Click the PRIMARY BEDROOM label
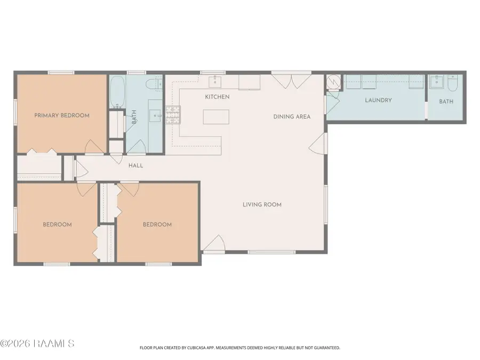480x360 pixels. (62, 115)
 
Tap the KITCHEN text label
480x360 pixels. (217, 97)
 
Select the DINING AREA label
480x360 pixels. (292, 117)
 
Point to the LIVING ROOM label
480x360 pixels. (262, 204)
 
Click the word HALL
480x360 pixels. (135, 166)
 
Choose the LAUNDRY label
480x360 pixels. (378, 100)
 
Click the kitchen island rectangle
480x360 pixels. (216, 117)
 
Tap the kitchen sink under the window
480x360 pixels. (215, 82)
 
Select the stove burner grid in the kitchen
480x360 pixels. (173, 115)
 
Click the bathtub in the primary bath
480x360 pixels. (117, 91)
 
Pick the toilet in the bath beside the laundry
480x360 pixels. (452, 83)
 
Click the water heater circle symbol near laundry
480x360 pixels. (333, 82)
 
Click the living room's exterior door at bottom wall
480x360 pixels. (214, 243)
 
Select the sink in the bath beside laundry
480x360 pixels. (436, 82)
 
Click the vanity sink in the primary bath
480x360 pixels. (156, 115)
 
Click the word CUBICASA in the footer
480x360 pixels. (196, 348)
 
